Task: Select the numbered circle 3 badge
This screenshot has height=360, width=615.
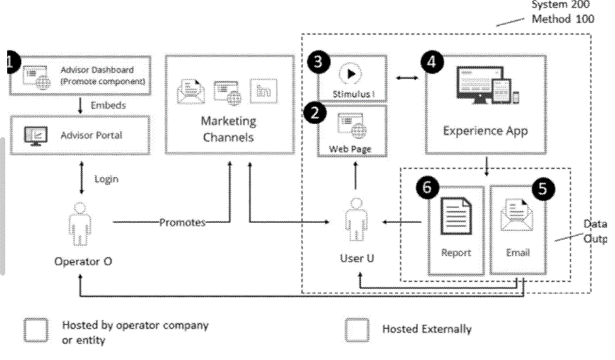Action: (x=318, y=62)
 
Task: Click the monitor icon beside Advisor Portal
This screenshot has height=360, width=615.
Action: (x=34, y=136)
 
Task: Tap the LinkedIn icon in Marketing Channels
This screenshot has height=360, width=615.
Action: (x=262, y=91)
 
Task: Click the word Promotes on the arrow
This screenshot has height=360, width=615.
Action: (x=182, y=223)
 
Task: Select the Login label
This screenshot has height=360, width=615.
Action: (x=106, y=179)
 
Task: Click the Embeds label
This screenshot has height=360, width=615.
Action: (x=108, y=105)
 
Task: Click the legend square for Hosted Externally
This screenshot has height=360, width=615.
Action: (x=357, y=330)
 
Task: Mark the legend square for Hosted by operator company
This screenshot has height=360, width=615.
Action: (x=35, y=330)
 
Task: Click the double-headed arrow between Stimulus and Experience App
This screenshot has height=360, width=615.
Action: (x=407, y=78)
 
